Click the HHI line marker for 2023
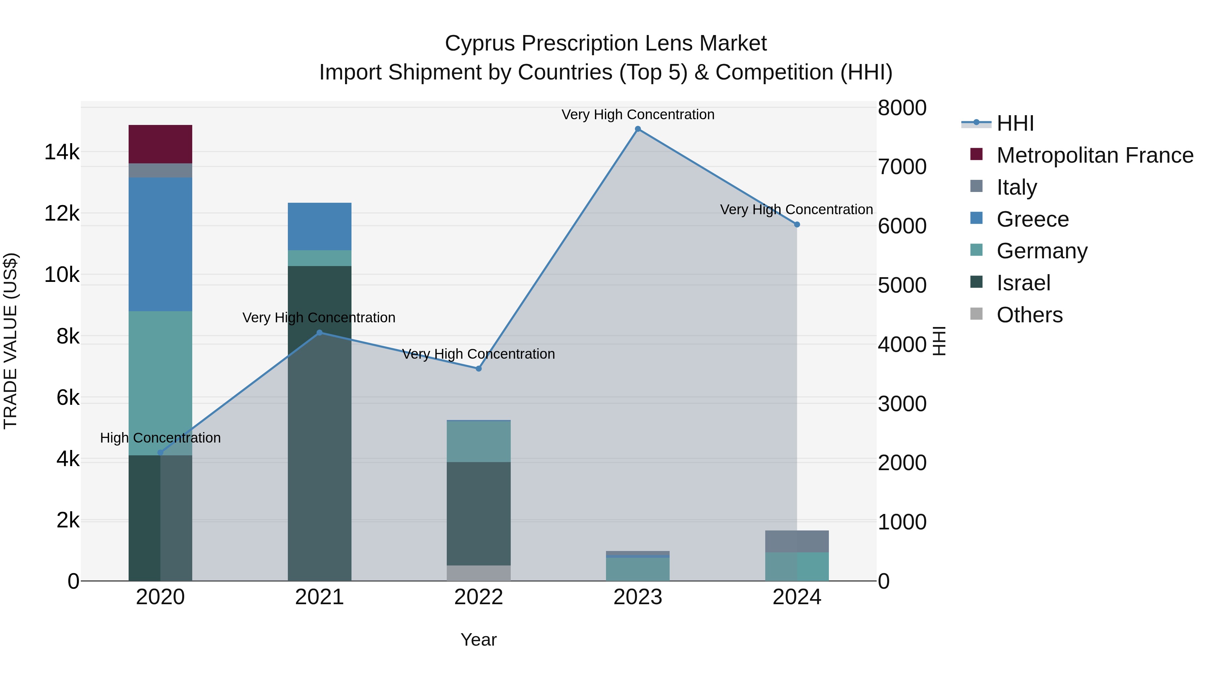(x=638, y=129)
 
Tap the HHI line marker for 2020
(x=161, y=453)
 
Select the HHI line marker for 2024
(x=797, y=225)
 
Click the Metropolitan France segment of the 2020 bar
(x=161, y=144)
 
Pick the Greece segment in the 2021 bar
(x=319, y=226)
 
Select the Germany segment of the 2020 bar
(x=161, y=383)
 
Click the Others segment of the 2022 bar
(x=478, y=573)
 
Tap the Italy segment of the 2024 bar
(x=797, y=541)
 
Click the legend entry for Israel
(x=1023, y=283)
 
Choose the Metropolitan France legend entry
(x=1095, y=155)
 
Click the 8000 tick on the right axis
(x=902, y=108)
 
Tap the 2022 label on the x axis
(x=478, y=597)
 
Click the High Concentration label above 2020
(x=161, y=438)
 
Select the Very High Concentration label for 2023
(x=638, y=115)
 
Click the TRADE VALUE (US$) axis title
(x=11, y=341)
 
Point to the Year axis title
(x=478, y=640)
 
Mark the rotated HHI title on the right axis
(x=939, y=341)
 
